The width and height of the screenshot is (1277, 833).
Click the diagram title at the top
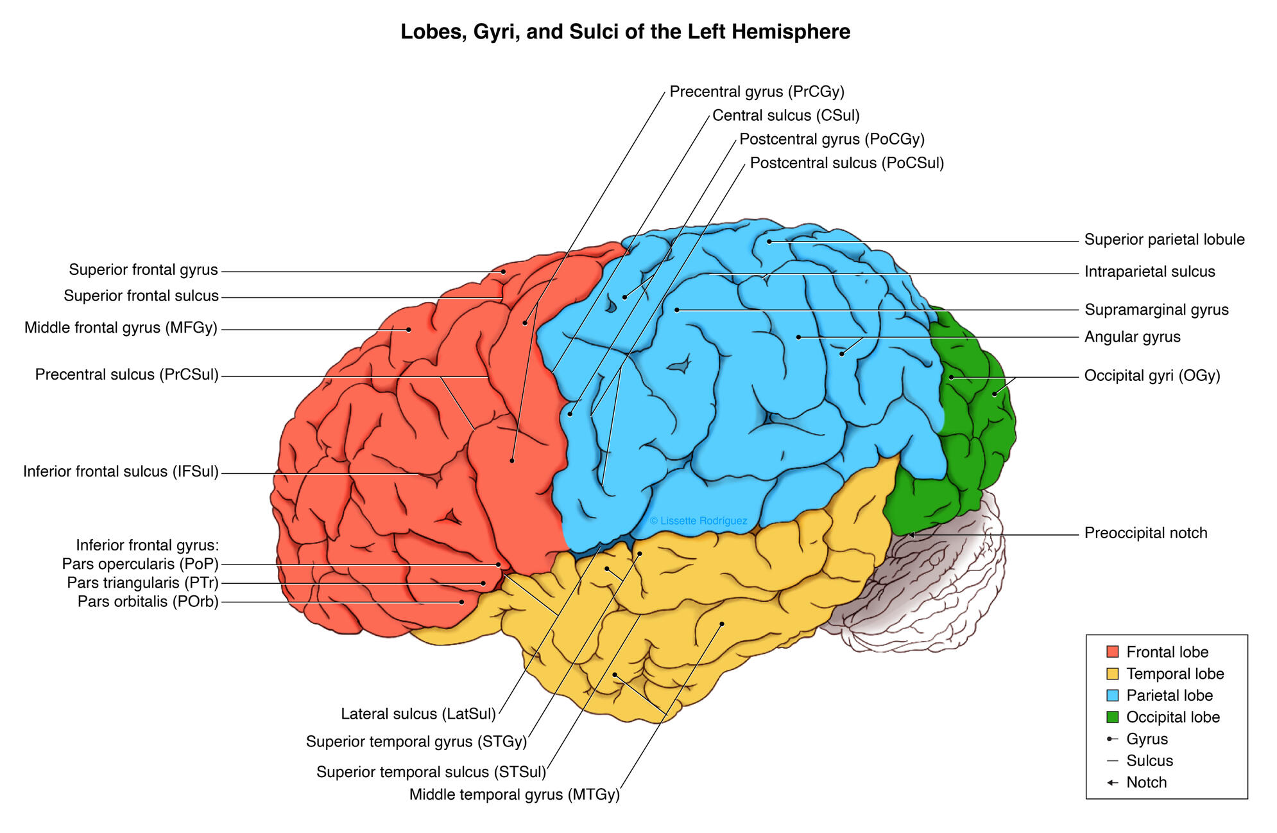click(x=625, y=31)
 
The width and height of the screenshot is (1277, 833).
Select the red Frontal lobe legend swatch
click(x=1113, y=652)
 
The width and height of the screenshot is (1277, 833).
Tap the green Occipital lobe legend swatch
click(x=1113, y=717)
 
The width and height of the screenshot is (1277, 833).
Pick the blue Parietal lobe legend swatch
click(x=1113, y=695)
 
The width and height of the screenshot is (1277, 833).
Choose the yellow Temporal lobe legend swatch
click(x=1113, y=674)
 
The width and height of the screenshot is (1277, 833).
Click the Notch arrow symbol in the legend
click(x=1113, y=782)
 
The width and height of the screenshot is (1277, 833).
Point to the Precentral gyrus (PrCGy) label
click(x=757, y=92)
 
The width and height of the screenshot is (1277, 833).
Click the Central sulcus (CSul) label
click(x=785, y=116)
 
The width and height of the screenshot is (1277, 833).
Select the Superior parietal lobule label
click(x=1164, y=240)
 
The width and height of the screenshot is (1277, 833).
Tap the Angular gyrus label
click(x=1132, y=337)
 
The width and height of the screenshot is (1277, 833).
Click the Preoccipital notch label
click(x=1145, y=533)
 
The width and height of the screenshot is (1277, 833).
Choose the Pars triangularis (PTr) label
click(x=142, y=583)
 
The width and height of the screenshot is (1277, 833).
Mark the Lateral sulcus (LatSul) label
click(x=418, y=714)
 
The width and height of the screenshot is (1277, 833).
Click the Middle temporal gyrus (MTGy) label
click(x=514, y=794)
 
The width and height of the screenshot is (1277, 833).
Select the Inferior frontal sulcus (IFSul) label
click(x=121, y=472)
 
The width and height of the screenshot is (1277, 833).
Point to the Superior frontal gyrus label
click(x=143, y=270)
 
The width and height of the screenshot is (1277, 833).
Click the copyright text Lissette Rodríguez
click(x=698, y=521)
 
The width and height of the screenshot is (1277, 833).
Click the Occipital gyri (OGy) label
click(x=1152, y=376)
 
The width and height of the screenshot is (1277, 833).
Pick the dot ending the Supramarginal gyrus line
click(x=677, y=310)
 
